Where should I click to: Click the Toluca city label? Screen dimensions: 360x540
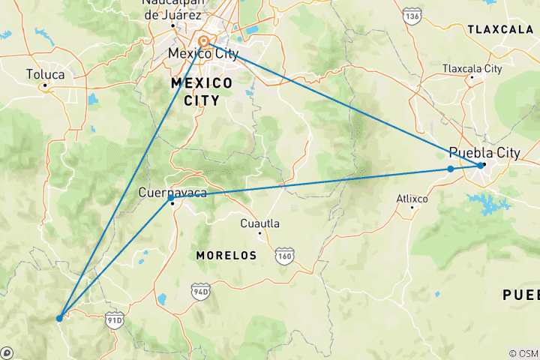coord(45,74)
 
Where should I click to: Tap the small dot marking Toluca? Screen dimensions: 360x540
coord(45,85)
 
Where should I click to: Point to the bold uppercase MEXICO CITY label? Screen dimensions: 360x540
coord(202,91)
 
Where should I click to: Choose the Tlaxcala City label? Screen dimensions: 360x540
coord(472,68)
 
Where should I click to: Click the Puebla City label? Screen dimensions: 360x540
coord(484,152)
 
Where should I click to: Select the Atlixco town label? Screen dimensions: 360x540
coord(412,199)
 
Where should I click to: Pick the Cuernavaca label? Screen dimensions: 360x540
coord(172,193)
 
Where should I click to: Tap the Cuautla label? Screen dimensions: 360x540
coord(259,223)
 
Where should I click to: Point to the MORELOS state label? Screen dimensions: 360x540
coord(226,256)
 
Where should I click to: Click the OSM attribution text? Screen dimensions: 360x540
coord(523,353)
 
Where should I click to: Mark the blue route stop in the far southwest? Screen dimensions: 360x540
coord(59,318)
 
